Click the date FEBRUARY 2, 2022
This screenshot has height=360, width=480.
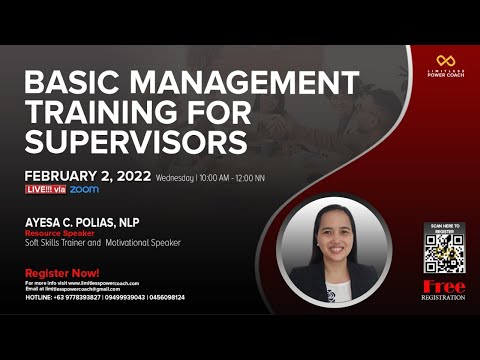coord(88,176)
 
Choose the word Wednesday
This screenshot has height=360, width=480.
coord(175,178)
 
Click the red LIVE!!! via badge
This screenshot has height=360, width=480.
coord(44,189)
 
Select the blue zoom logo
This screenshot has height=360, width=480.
coord(84,189)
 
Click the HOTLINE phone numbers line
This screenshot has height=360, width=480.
coord(104,297)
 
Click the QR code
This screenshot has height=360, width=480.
coord(443,254)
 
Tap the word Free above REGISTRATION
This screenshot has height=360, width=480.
coord(444,286)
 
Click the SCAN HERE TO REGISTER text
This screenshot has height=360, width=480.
coord(443,227)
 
